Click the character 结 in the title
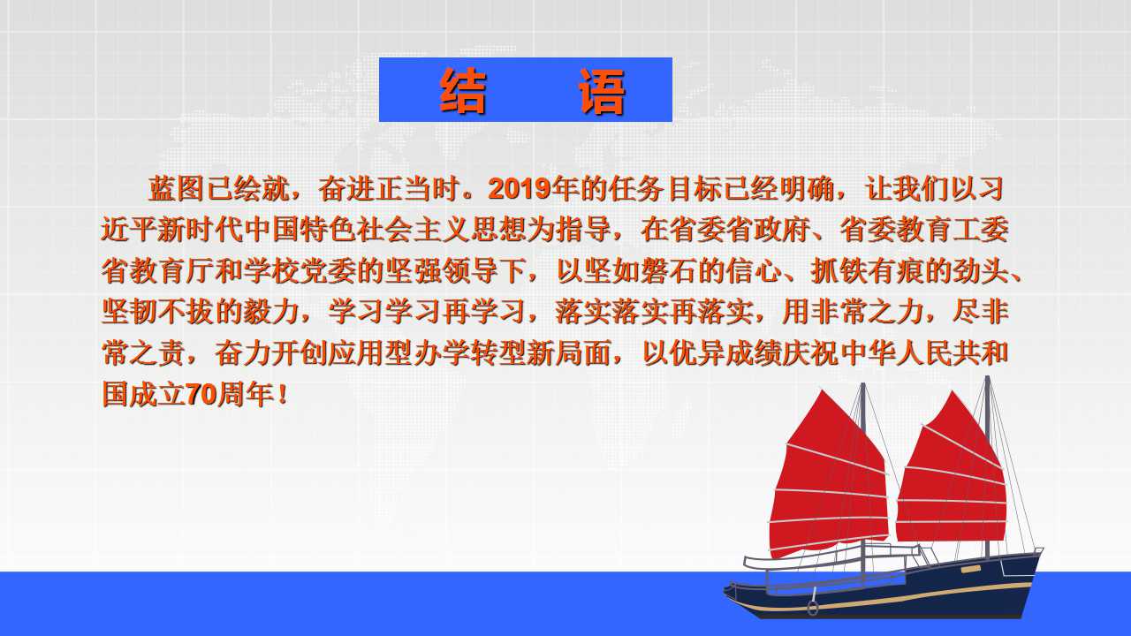463,91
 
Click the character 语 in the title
602,91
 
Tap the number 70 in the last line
201,394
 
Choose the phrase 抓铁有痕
867,271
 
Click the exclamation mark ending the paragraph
282,394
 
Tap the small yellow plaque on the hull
970,570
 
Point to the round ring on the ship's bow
812,608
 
